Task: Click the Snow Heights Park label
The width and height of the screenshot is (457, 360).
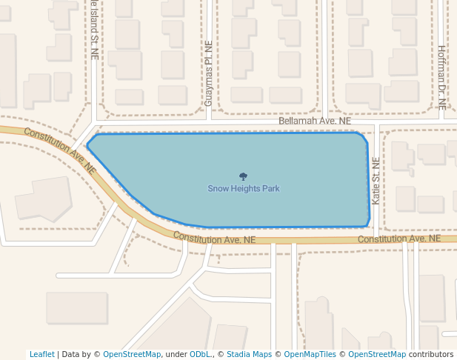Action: coord(243,189)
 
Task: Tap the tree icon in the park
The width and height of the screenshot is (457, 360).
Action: coord(243,176)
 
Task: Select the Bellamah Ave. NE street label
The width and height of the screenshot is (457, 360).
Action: coord(315,121)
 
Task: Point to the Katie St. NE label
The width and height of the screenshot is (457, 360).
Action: coord(376,181)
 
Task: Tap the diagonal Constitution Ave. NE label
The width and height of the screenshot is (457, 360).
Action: coord(60,150)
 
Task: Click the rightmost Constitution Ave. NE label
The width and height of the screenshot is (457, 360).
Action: coord(399,239)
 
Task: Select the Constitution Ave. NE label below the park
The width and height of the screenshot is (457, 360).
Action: coord(214,239)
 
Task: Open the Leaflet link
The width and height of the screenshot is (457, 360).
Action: coord(42,355)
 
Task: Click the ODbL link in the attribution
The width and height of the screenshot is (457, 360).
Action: coord(200,355)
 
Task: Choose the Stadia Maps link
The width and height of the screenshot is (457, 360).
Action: coord(249,355)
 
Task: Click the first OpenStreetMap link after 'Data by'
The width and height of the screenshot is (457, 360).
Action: coord(132,355)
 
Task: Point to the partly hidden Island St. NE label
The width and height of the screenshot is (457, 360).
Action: coord(95,30)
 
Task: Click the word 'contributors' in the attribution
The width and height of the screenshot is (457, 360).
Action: coord(431,355)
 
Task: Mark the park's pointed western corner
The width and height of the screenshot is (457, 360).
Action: coord(87,145)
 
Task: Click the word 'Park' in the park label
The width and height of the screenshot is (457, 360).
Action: coord(270,189)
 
